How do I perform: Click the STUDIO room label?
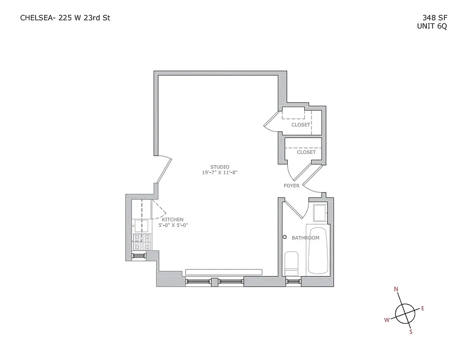pyautogui.click(x=220, y=167)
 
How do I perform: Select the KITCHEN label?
pyautogui.click(x=172, y=219)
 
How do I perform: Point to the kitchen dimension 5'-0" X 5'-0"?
pyautogui.click(x=172, y=225)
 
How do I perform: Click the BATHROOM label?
pyautogui.click(x=305, y=238)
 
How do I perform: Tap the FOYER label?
pyautogui.click(x=291, y=185)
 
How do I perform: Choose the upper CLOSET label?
pyautogui.click(x=300, y=125)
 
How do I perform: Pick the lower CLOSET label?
pyautogui.click(x=306, y=152)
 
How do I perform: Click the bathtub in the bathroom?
pyautogui.click(x=319, y=250)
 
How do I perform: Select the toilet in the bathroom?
pyautogui.click(x=291, y=263)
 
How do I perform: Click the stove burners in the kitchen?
pyautogui.click(x=142, y=242)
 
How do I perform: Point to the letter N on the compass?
pyautogui.click(x=396, y=289)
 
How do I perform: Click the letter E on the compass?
pyautogui.click(x=422, y=308)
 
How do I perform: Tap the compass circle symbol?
pyautogui.click(x=405, y=312)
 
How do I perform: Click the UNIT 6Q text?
pyautogui.click(x=432, y=26)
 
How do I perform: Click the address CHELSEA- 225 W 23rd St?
pyautogui.click(x=65, y=18)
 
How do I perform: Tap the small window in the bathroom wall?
pyautogui.click(x=293, y=282)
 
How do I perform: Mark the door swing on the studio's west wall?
pyautogui.click(x=164, y=170)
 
